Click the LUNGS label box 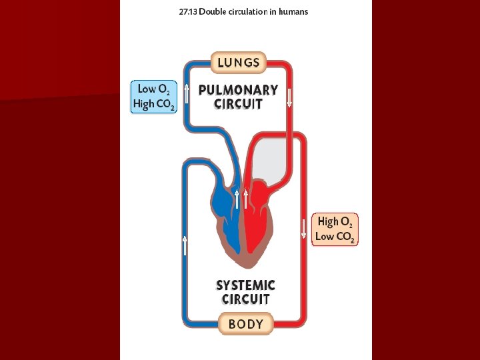(x=239, y=63)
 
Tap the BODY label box (x=245, y=325)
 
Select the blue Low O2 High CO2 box (x=154, y=97)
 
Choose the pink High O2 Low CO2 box (x=335, y=229)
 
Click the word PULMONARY (x=238, y=89)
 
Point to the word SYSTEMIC (x=245, y=285)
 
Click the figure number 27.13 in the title (x=188, y=12)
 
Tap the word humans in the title (x=293, y=12)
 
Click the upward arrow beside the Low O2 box (x=187, y=93)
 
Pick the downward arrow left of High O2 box (x=304, y=228)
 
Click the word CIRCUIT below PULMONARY (x=238, y=104)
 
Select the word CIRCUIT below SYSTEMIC (x=245, y=299)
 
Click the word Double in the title (x=213, y=12)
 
